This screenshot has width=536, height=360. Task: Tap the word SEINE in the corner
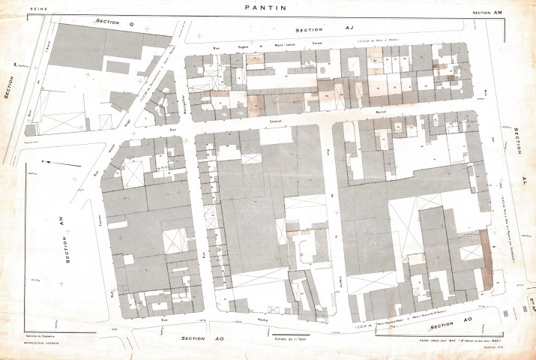[x=37, y=9]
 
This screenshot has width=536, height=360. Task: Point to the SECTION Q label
[x=114, y=22]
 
